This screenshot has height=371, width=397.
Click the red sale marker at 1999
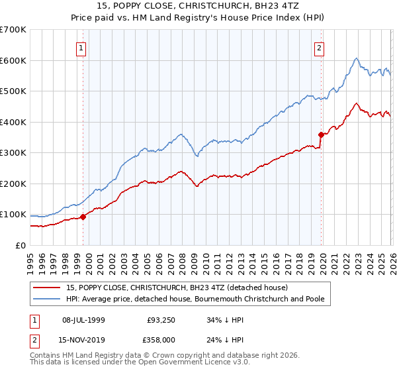pos(83,217)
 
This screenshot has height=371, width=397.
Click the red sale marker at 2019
pos(321,134)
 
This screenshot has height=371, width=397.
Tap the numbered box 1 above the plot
pos(81,47)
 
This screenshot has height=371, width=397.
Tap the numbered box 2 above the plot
pos(319,47)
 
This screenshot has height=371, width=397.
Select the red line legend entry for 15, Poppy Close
pos(177,288)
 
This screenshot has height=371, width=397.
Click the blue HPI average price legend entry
pos(195,299)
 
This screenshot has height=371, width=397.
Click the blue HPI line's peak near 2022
pos(356,59)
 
